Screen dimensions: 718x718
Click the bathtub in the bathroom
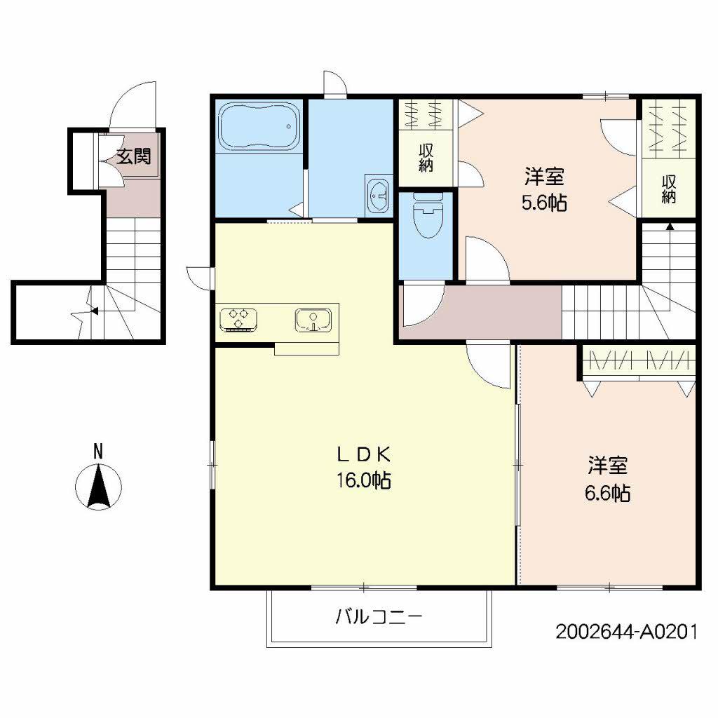pos(259,126)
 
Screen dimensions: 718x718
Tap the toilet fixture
pos(428,215)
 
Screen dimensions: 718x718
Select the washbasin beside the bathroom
pos(379,196)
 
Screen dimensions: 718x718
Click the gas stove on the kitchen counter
pos(238,319)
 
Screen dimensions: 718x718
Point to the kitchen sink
pos(313,320)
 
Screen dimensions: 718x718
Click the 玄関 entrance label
pos(133,156)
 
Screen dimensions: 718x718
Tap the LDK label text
pos(364,454)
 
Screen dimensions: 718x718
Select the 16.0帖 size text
pos(364,480)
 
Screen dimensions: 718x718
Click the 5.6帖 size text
pos(544,202)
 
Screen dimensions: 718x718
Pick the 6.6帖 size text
pos(608,493)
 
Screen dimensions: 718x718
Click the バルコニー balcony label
pos(379,617)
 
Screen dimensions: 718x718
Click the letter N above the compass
pos(98,452)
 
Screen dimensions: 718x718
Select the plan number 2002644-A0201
pos(627,632)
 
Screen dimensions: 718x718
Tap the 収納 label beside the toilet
pos(426,158)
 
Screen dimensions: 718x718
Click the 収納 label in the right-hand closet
pos(668,189)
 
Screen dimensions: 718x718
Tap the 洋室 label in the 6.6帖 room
pos(608,466)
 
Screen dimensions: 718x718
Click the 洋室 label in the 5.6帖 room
pos(544,176)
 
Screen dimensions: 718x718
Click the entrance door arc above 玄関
pos(123,97)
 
